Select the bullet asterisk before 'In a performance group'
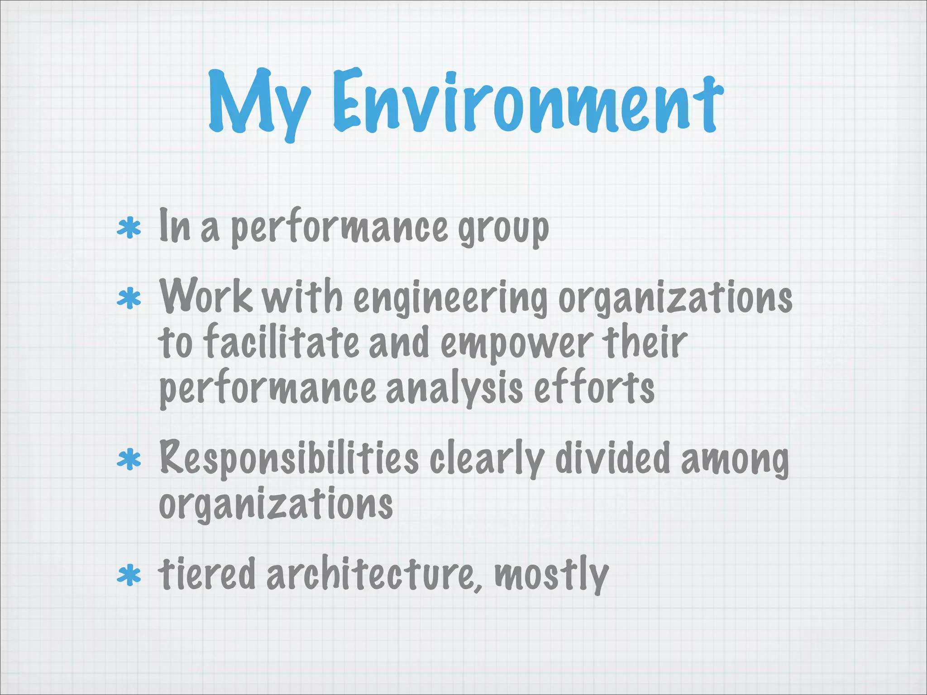click(x=129, y=228)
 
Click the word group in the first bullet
click(x=503, y=228)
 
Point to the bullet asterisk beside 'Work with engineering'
click(x=129, y=299)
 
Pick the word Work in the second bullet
click(x=206, y=296)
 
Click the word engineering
click(x=450, y=299)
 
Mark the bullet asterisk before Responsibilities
click(x=129, y=460)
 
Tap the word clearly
click(x=487, y=459)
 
